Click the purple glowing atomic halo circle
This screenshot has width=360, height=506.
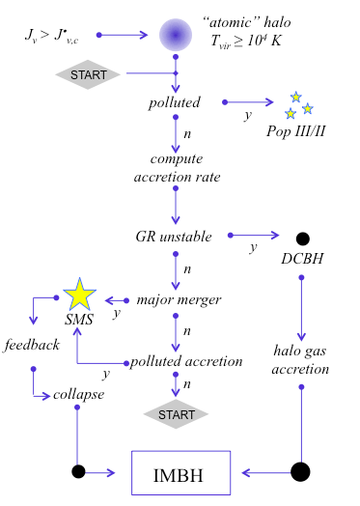coord(177,36)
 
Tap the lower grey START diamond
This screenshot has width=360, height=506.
coord(177,415)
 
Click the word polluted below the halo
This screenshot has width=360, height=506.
coord(175,102)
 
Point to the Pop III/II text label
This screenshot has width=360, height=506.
coord(295,129)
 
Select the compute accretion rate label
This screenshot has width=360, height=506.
coord(176,166)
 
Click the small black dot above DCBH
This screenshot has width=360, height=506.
coord(302,239)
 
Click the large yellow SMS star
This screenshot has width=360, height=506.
coord(78,295)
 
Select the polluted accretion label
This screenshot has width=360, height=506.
coord(186,361)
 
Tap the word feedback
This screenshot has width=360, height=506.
coord(32,345)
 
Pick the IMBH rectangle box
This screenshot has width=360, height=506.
coord(180,473)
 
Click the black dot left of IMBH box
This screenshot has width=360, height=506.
coord(78,472)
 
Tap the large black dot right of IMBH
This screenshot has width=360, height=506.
coord(300,472)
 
